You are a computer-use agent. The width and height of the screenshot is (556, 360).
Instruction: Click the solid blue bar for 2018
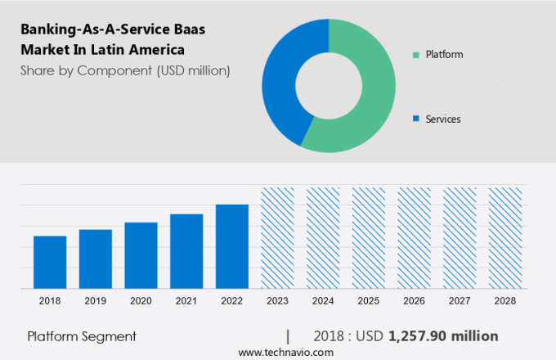[50, 262]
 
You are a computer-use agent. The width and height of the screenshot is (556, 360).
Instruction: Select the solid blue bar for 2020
[141, 255]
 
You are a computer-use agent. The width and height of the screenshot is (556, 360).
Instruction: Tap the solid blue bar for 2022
[232, 246]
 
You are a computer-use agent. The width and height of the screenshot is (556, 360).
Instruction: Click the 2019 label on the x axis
[96, 300]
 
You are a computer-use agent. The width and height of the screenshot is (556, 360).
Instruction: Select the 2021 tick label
[186, 300]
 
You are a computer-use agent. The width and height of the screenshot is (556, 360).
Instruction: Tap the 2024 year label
[323, 300]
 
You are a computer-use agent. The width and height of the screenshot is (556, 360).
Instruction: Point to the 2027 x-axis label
[460, 300]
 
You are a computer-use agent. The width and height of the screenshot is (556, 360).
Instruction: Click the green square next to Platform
[416, 55]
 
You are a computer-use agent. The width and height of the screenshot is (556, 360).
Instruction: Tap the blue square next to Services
[416, 119]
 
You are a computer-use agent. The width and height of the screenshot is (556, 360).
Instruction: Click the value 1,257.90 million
[443, 336]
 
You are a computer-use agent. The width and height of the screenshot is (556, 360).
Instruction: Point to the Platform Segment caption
[82, 336]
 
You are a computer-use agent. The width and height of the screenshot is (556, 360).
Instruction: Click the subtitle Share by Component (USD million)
[125, 70]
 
